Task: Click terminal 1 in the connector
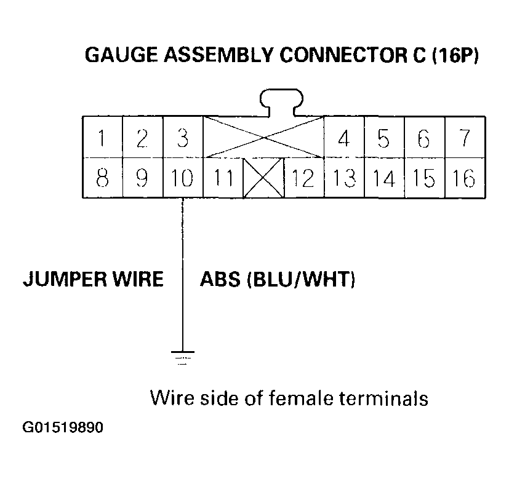[x=102, y=138]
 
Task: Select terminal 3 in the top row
[x=183, y=138]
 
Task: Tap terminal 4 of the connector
[x=344, y=138]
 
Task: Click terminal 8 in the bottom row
[x=102, y=178]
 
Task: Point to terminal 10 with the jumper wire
[x=183, y=178]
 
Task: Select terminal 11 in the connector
[x=223, y=178]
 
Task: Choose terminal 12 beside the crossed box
[x=303, y=178]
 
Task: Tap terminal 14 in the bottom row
[x=384, y=178]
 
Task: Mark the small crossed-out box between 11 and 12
[x=263, y=178]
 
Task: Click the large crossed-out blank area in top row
[x=263, y=137]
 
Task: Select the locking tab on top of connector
[x=283, y=102]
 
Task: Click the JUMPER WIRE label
[x=93, y=280]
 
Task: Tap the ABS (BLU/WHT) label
[x=278, y=280]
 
